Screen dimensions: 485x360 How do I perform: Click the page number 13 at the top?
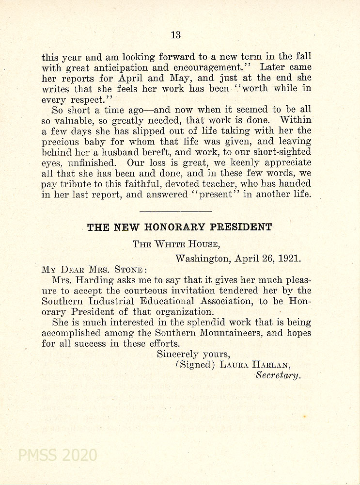(175, 34)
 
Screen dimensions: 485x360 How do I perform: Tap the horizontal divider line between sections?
(175, 211)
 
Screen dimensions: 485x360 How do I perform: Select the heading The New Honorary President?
(179, 227)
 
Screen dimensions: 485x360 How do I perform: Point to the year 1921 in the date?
(290, 258)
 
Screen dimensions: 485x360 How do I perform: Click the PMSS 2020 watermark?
(57, 455)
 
